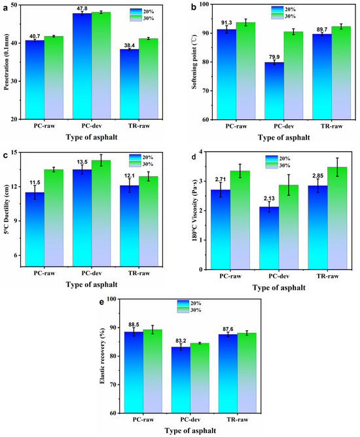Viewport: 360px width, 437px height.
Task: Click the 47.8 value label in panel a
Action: (82, 9)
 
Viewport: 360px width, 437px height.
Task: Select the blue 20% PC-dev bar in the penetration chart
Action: (82, 66)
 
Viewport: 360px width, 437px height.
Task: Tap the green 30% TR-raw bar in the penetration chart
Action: (149, 79)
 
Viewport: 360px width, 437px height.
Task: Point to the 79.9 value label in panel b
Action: (274, 57)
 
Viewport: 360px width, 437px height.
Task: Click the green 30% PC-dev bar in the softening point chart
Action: (293, 75)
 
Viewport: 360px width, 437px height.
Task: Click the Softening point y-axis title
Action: (194, 62)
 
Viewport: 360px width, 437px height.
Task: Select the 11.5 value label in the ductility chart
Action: (35, 183)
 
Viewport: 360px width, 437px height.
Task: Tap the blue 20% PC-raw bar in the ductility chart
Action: (35, 229)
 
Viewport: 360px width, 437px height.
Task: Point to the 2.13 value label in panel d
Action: (269, 199)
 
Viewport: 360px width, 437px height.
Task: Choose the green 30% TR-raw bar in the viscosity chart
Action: (337, 218)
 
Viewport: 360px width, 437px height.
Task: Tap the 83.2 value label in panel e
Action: (181, 341)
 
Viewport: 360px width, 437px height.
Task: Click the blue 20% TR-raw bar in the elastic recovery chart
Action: (228, 373)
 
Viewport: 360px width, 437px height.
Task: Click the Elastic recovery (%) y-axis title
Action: (103, 356)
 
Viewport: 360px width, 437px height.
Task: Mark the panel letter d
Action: (194, 157)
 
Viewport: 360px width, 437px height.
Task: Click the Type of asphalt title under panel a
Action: (92, 137)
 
